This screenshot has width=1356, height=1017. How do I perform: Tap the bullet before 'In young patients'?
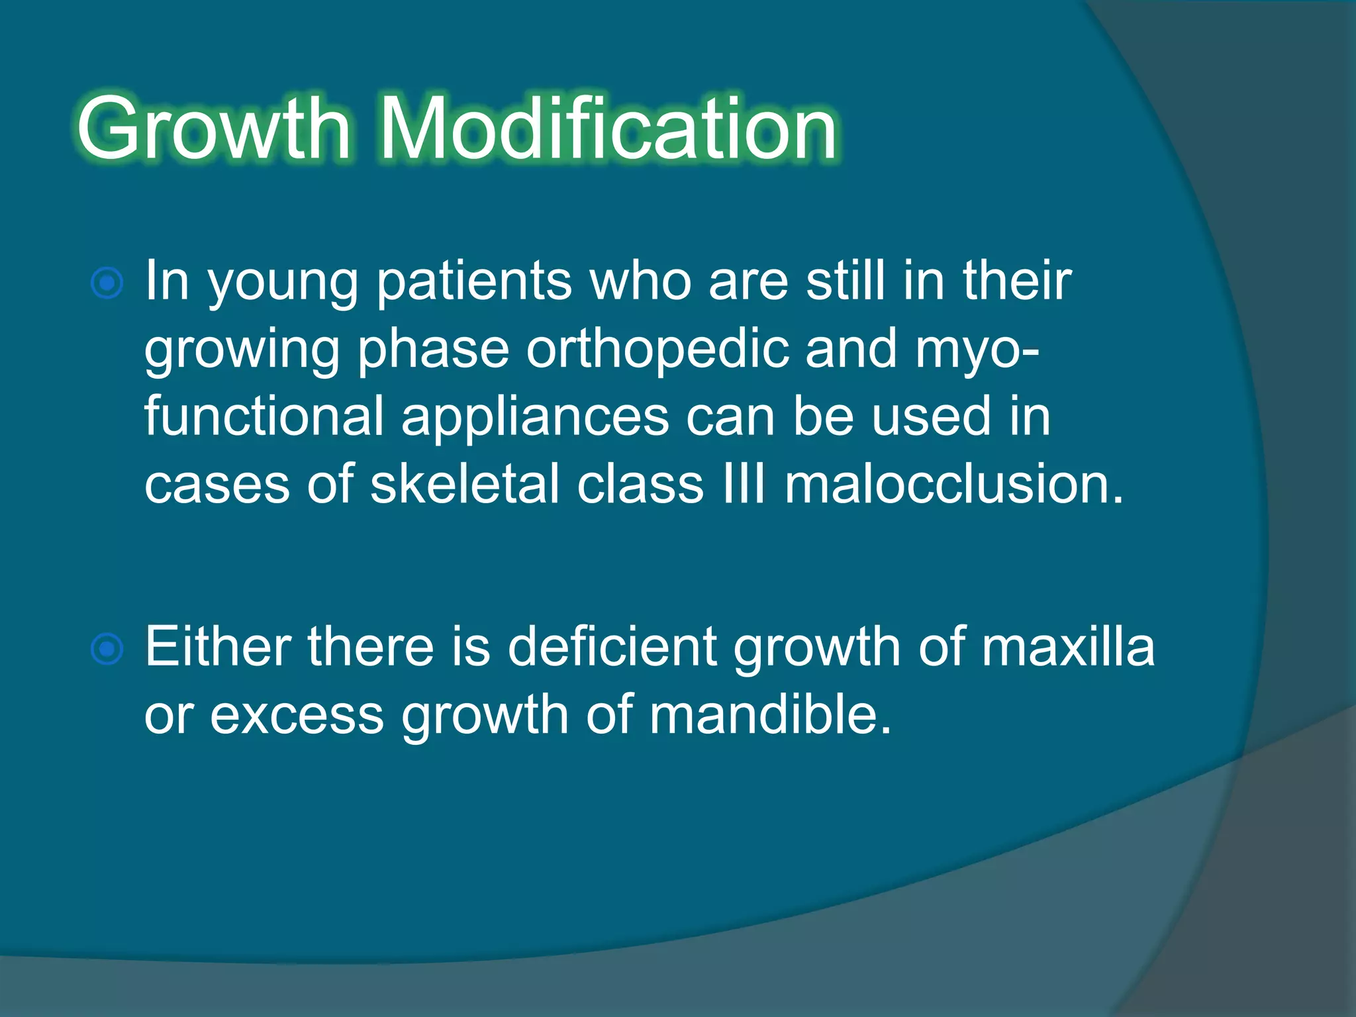point(107,284)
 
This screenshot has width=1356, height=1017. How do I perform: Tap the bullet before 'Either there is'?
point(107,649)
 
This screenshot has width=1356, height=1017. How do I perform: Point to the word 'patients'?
point(473,281)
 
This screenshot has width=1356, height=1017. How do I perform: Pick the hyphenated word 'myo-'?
point(977,351)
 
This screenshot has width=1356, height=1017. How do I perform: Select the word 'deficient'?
point(612,647)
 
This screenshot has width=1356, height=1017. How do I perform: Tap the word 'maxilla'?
point(1068,647)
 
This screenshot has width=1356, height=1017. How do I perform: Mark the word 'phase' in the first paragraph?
point(433,351)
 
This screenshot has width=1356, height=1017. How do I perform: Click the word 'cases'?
point(217,485)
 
